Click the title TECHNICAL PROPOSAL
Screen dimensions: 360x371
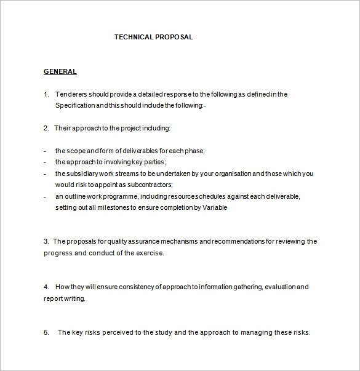pyautogui.click(x=153, y=37)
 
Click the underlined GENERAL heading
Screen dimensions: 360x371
pyautogui.click(x=60, y=71)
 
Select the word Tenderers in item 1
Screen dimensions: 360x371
pyautogui.click(x=71, y=94)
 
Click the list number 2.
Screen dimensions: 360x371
pyautogui.click(x=46, y=128)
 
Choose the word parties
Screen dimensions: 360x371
pyautogui.click(x=153, y=162)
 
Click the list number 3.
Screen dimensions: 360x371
pyautogui.click(x=46, y=241)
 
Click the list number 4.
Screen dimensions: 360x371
pyautogui.click(x=46, y=287)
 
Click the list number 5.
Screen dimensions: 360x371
pyautogui.click(x=46, y=332)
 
